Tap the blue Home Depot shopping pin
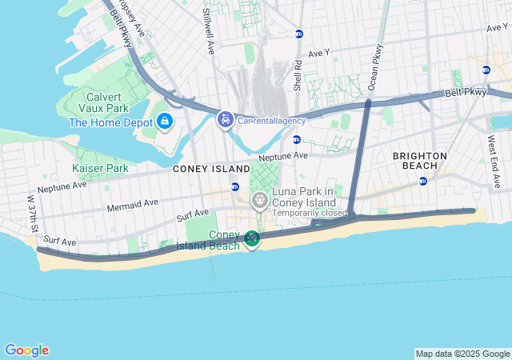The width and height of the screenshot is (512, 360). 165,121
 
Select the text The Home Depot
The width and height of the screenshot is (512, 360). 111,122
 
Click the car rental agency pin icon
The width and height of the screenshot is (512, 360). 226,120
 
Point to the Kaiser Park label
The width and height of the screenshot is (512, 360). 100,168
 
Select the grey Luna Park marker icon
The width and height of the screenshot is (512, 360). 259,200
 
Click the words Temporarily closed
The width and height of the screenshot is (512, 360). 310,213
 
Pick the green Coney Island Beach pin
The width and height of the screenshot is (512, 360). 252,238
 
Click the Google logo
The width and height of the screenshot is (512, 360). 26,350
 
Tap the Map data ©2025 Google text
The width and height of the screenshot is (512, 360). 462,354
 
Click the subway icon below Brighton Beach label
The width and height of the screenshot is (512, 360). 422,181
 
